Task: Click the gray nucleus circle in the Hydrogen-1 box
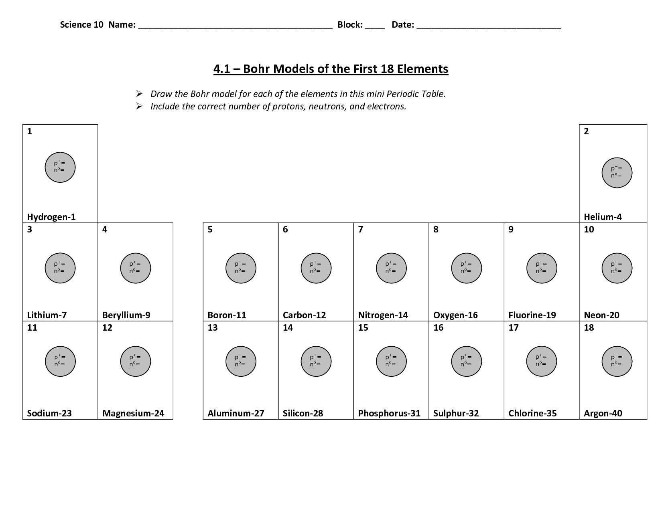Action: [x=60, y=167]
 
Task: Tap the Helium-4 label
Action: [x=603, y=217]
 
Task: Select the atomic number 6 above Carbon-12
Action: [x=285, y=230]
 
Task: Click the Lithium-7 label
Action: [x=47, y=315]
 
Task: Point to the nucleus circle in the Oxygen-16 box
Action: [x=466, y=268]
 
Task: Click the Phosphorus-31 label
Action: [x=389, y=413]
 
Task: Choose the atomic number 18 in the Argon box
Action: [x=589, y=328]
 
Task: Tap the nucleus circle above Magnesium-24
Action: [x=136, y=362]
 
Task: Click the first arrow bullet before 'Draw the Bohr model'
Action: [x=139, y=94]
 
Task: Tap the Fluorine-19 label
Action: [x=532, y=315]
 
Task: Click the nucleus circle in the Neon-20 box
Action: [x=617, y=268]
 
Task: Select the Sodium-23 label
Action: [x=49, y=413]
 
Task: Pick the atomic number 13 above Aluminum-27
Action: [x=212, y=328]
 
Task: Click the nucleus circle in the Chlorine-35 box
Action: [x=542, y=362]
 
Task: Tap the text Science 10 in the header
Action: [x=81, y=24]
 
